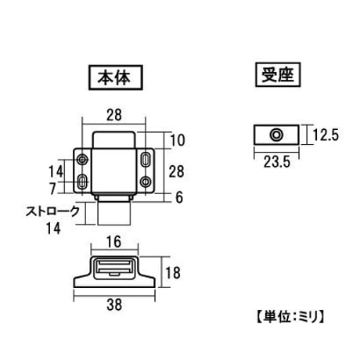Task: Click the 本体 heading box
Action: [x=116, y=77]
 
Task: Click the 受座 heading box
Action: [x=278, y=74]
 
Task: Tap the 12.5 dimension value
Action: [x=326, y=135]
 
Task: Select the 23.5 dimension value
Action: [x=276, y=162]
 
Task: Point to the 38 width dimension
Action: [x=114, y=304]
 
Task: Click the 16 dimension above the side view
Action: [x=114, y=242]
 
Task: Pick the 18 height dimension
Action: [x=173, y=273]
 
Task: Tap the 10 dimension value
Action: [x=178, y=140]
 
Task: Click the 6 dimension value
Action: [x=179, y=197]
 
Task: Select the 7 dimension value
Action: [x=52, y=189]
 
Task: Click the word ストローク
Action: [x=52, y=211]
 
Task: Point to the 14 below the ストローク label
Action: [x=53, y=228]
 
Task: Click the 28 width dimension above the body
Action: [x=114, y=115]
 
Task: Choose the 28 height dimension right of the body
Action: [x=176, y=171]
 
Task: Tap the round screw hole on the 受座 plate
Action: [x=276, y=135]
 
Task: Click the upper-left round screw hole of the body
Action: [x=83, y=159]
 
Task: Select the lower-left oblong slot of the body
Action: [x=83, y=182]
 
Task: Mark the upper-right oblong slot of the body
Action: [x=145, y=159]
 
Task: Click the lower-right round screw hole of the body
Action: [x=146, y=182]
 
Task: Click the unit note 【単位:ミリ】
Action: [x=290, y=317]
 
